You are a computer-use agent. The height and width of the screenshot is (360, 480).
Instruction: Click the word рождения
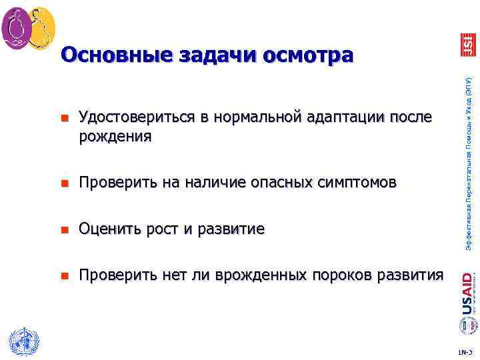coord(115,137)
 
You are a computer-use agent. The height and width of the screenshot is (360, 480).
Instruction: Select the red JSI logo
coord(468,45)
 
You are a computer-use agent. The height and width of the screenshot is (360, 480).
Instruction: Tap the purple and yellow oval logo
coord(28,29)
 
